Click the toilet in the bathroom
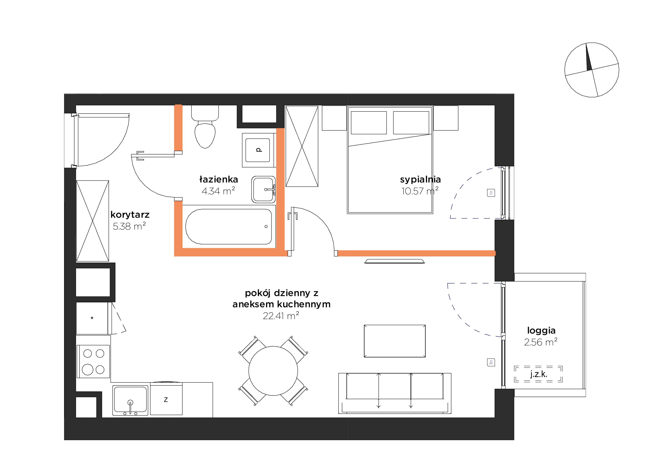point(205,127)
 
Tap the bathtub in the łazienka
point(229,226)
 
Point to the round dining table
point(273,371)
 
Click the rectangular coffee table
point(395,341)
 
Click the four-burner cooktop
point(93,361)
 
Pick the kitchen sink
point(130,400)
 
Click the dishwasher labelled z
point(166,399)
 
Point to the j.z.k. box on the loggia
point(538,374)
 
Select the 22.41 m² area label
point(281,316)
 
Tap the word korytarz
point(130,215)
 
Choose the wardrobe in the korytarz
point(93,221)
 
